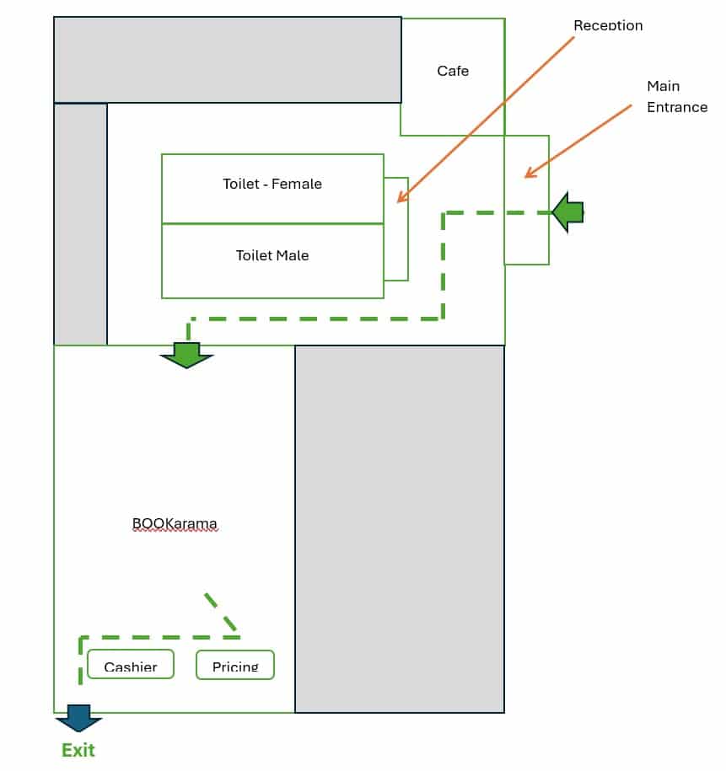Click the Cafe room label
[453, 71]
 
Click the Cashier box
[131, 665]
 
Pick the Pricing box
[235, 665]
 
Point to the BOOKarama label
[175, 523]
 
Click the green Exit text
[78, 750]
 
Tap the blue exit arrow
[79, 719]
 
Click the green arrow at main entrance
[568, 212]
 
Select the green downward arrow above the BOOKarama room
[186, 354]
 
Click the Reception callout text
[608, 25]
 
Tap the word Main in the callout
[663, 86]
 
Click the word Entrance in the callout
[677, 107]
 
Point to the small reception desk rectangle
[396, 228]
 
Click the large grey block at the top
[227, 59]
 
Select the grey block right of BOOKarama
[399, 528]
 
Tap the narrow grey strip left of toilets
[80, 223]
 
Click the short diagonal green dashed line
[220, 612]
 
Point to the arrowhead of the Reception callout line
[400, 201]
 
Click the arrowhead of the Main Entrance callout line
[529, 174]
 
